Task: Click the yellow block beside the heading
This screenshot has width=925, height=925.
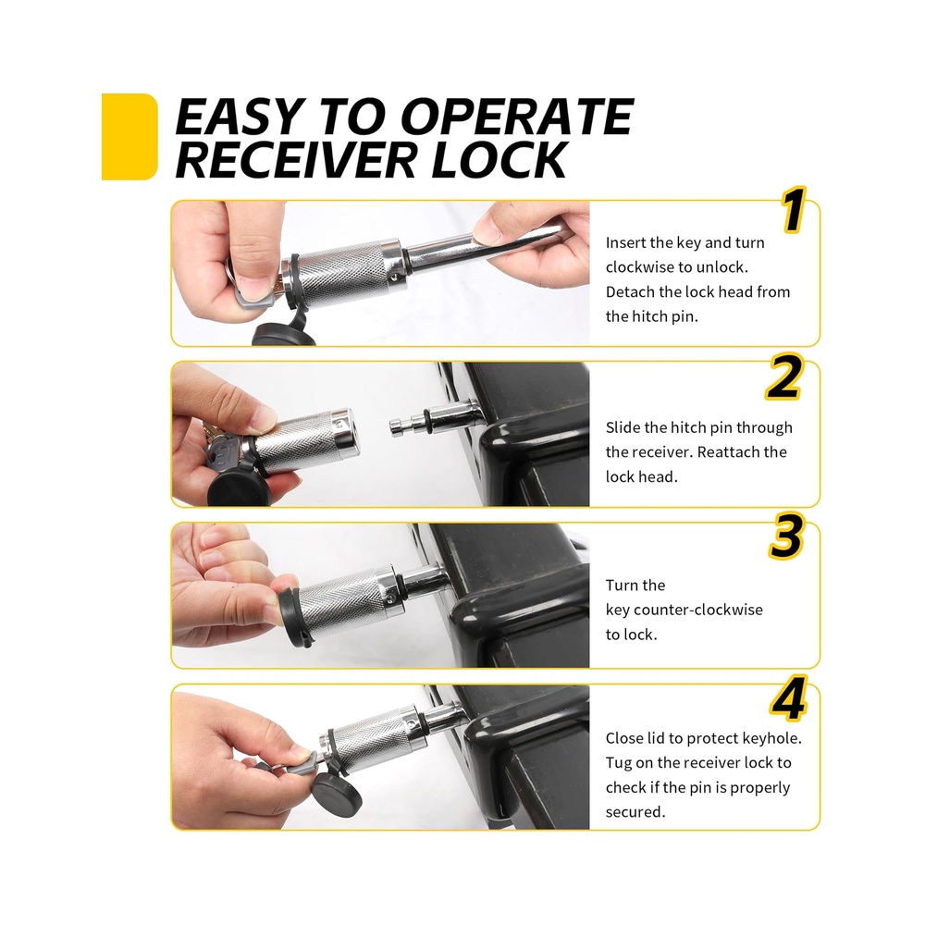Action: coord(129,136)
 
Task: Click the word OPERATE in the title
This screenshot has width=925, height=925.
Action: coord(517,117)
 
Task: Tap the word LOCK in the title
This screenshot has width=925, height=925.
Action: coord(499,159)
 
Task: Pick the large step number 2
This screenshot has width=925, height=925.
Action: coord(784,377)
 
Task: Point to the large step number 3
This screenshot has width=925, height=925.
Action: coord(786,536)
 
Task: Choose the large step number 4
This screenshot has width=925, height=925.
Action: coord(789,697)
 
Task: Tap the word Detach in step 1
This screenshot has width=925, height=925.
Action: coord(629,291)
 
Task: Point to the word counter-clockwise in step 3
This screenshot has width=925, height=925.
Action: coord(697,610)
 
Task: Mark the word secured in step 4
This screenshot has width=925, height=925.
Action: coord(635,812)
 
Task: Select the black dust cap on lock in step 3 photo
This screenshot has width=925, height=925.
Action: coord(294,616)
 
